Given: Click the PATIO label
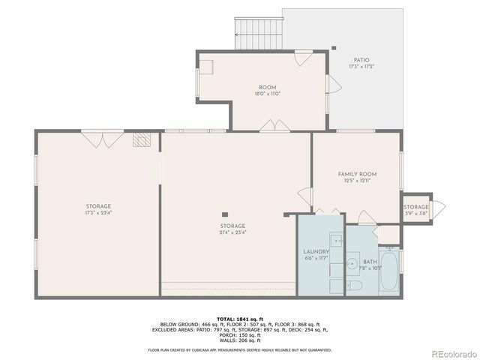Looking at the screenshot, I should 361,60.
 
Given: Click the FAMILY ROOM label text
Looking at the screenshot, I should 357,173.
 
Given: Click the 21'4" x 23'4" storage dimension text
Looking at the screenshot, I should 232,232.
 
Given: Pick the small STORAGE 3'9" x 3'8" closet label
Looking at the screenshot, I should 416,207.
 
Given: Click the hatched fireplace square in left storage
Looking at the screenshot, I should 142,139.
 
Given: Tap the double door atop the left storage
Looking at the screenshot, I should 102,138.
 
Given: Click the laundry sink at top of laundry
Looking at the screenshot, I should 337,241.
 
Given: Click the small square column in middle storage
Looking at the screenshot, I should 224,214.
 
